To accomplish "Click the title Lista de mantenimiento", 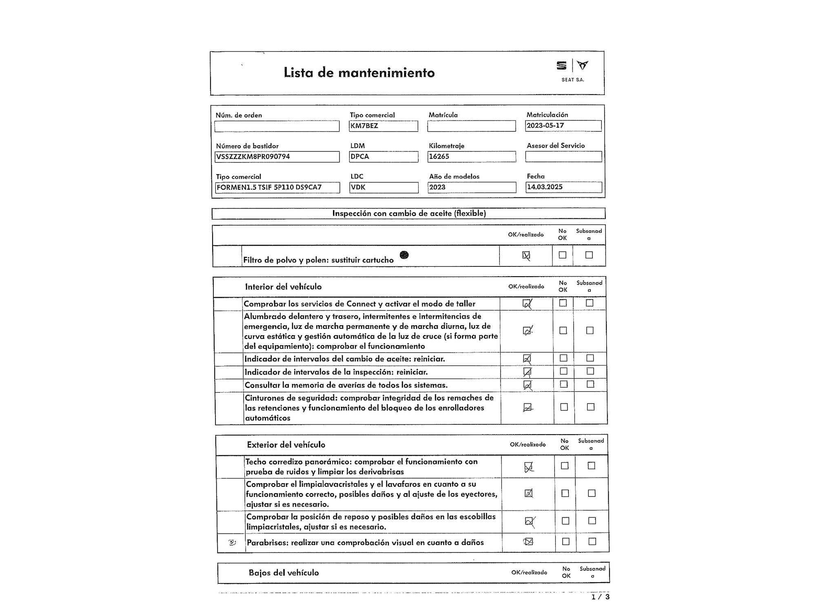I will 359,73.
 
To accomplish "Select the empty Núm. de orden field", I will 277,126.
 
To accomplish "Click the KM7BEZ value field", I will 383,126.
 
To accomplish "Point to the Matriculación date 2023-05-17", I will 563,126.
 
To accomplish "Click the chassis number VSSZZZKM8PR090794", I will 277,157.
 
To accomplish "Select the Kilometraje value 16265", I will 471,157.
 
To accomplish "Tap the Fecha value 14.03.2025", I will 563,187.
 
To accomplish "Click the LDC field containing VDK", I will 384,187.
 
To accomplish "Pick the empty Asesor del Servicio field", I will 563,157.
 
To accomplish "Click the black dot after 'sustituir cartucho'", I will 404,255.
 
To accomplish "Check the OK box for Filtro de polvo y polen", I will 526,256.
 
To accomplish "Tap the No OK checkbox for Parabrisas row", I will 566,541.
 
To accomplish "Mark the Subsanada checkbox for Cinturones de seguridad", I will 590,407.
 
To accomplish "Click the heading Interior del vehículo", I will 283,287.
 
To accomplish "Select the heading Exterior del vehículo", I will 286,445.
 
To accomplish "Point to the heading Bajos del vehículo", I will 284,572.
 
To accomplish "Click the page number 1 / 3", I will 601,597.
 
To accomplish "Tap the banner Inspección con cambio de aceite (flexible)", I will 409,213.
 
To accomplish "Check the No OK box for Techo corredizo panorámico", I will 565,466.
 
